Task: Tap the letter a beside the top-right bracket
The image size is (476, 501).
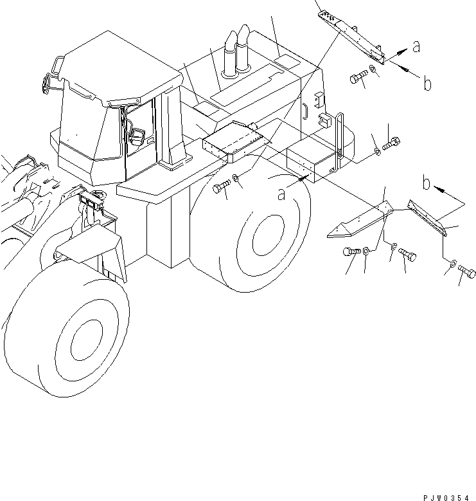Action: pos(416,46)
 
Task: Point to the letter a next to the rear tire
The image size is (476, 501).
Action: pos(281,193)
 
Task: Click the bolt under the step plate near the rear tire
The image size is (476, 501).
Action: pos(220,188)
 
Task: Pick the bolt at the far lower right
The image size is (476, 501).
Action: pos(467,274)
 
